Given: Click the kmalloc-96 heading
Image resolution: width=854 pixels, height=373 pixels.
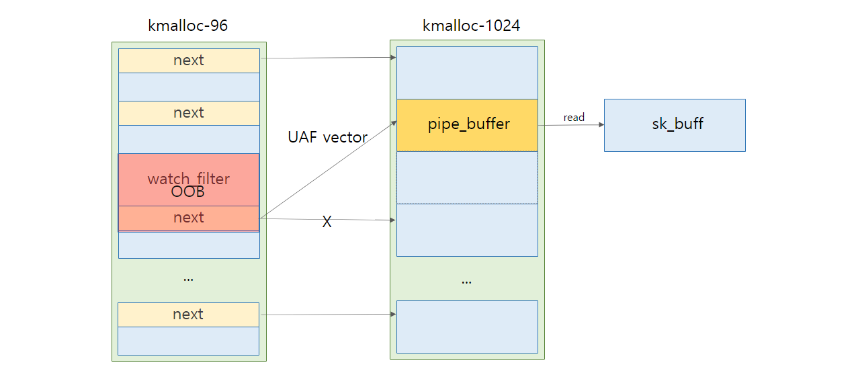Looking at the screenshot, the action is click(187, 26).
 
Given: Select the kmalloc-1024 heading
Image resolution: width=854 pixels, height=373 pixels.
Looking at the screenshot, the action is click(471, 26).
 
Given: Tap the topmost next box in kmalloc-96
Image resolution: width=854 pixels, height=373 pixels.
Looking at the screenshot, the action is click(189, 60).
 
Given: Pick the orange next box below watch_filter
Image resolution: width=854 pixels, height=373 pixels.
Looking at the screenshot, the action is click(189, 218).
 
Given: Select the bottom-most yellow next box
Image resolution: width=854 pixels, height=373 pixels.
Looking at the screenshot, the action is click(188, 315).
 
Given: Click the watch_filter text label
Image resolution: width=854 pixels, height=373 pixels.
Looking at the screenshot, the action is click(189, 179).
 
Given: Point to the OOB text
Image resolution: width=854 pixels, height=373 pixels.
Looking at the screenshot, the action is click(187, 192).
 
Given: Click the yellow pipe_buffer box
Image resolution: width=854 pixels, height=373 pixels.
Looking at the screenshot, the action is click(468, 126).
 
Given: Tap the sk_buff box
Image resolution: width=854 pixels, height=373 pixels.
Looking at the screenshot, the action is click(675, 126).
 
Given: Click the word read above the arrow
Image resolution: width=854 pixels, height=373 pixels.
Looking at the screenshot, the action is click(574, 118).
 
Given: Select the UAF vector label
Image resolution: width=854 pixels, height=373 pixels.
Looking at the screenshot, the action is click(327, 137).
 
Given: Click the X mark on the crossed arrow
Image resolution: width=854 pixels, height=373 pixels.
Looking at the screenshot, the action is click(327, 222).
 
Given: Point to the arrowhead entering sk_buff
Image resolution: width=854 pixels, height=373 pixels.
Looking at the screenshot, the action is click(601, 125).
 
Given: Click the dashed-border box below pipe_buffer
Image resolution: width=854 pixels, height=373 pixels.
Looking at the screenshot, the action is click(468, 177).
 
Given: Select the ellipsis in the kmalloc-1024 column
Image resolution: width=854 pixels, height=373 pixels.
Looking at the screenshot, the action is click(467, 283).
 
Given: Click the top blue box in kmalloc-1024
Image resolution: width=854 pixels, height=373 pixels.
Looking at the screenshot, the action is click(468, 73).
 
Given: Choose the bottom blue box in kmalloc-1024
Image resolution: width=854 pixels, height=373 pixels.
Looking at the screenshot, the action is click(468, 327).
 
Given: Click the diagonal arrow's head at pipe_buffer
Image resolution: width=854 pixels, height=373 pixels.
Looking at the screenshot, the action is click(394, 123).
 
